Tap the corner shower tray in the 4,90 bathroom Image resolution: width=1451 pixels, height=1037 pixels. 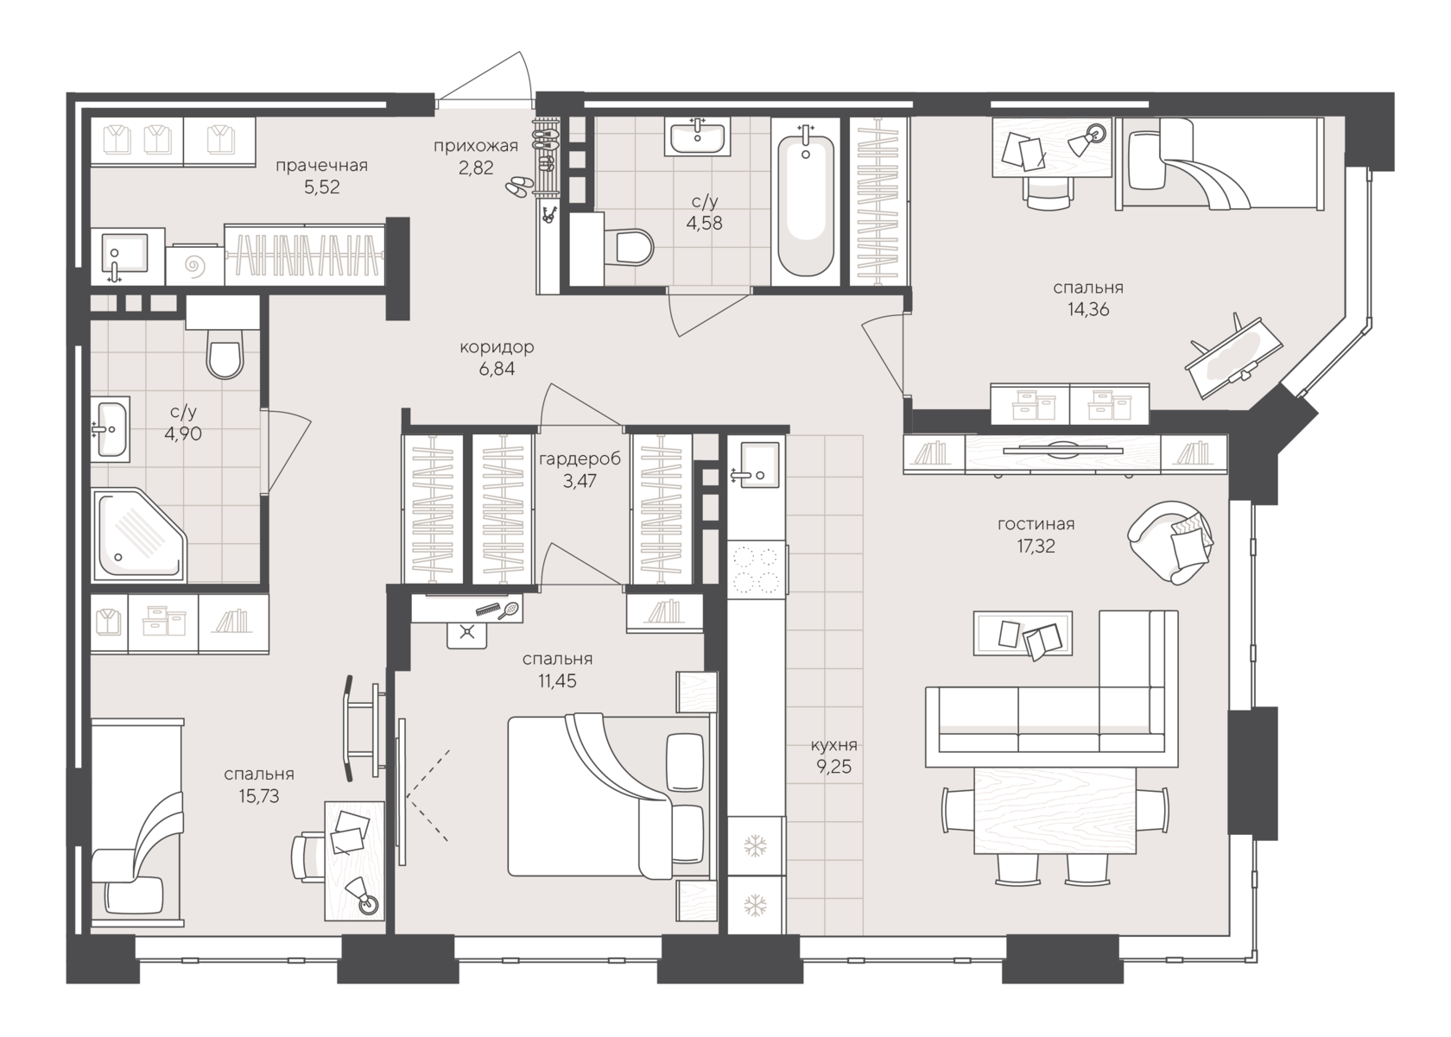(x=139, y=535)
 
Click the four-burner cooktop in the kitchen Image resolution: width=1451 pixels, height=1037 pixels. (x=755, y=569)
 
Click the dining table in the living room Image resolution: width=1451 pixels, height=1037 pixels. (x=1055, y=810)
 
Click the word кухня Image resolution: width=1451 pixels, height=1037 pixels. (x=833, y=745)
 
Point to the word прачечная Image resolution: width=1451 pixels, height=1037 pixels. (x=322, y=166)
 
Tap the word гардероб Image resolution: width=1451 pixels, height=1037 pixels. (x=580, y=458)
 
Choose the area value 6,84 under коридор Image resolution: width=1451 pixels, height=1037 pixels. (x=497, y=369)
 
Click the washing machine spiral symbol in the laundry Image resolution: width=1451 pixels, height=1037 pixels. (x=194, y=265)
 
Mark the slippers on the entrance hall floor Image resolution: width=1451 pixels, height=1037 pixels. (x=521, y=186)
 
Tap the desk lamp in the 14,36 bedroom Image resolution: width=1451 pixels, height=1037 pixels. (x=1087, y=139)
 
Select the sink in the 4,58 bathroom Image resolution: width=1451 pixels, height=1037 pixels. (x=697, y=136)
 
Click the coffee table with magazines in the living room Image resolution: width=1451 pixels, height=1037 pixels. (x=1023, y=633)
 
